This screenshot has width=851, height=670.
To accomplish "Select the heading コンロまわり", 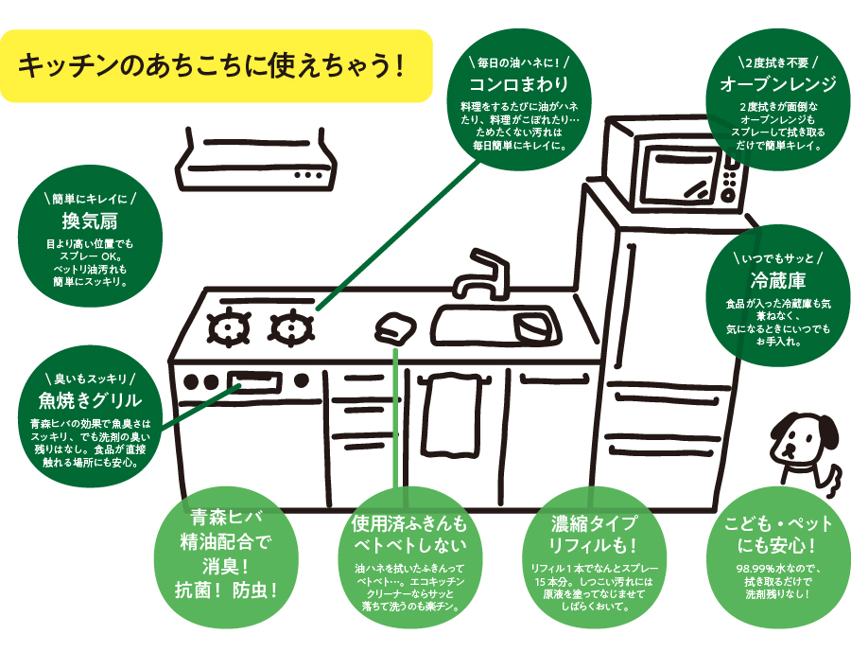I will [x=518, y=83].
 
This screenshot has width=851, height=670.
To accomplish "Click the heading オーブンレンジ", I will [x=777, y=85].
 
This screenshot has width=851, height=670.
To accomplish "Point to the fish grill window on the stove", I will [x=256, y=381].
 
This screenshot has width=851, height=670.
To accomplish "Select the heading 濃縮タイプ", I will [x=595, y=524].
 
